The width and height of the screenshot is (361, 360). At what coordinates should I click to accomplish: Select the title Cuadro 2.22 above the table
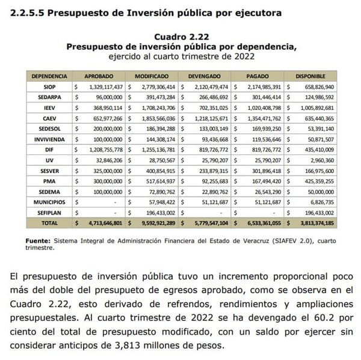180,37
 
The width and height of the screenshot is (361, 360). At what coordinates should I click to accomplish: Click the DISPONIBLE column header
310,77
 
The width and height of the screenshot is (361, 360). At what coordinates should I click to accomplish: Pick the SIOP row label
51,87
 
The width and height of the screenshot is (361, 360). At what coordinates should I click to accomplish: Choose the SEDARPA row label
51,97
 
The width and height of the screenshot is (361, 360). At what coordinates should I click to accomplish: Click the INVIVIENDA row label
51,138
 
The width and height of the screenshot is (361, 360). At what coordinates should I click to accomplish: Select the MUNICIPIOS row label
51,203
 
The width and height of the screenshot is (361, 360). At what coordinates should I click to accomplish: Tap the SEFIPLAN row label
51,213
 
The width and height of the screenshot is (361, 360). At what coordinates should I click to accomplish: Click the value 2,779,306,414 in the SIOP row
155,87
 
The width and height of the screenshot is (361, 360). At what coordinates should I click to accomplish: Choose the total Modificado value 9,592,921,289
154,223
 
